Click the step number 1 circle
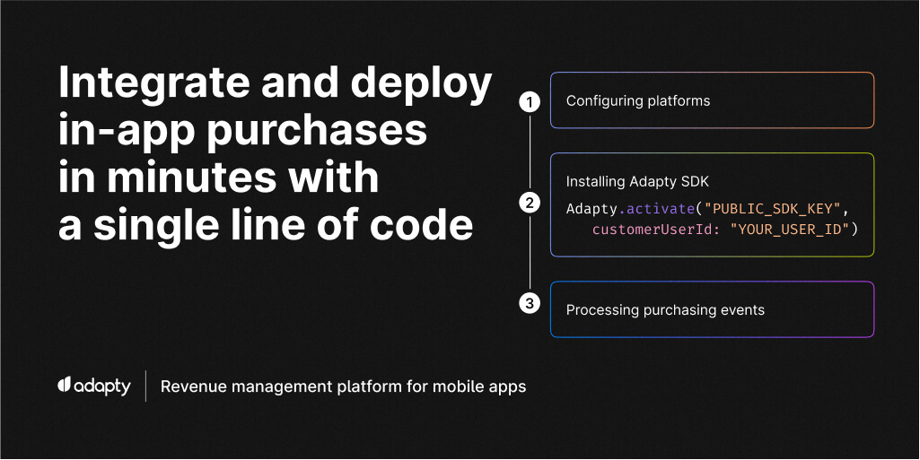(x=530, y=101)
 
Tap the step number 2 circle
(x=530, y=204)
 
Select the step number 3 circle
(x=530, y=304)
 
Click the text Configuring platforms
(x=637, y=101)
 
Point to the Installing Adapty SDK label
(x=637, y=182)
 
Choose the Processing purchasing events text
(x=665, y=310)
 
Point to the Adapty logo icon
(x=64, y=386)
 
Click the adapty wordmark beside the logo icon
(x=102, y=386)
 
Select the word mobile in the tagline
(x=463, y=386)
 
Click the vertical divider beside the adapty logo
(x=145, y=386)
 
